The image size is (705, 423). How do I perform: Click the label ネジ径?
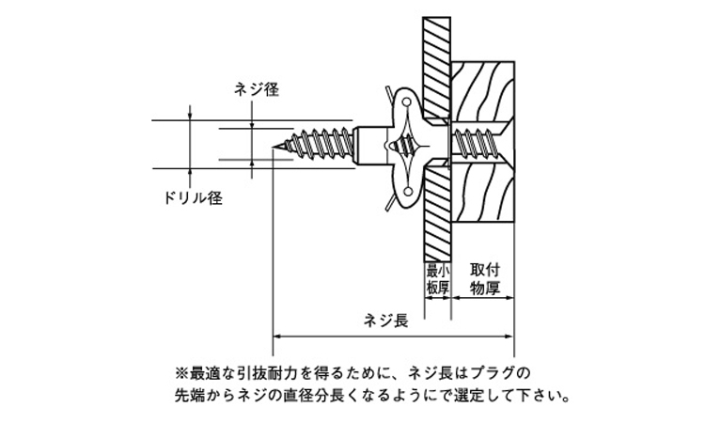257,90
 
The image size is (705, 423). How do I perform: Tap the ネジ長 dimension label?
384,321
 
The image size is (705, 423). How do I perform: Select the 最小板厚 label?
436,279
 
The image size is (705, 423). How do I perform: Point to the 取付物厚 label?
484,279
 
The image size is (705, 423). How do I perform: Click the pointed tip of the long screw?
280,146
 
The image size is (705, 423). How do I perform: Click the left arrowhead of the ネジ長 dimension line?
276,335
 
